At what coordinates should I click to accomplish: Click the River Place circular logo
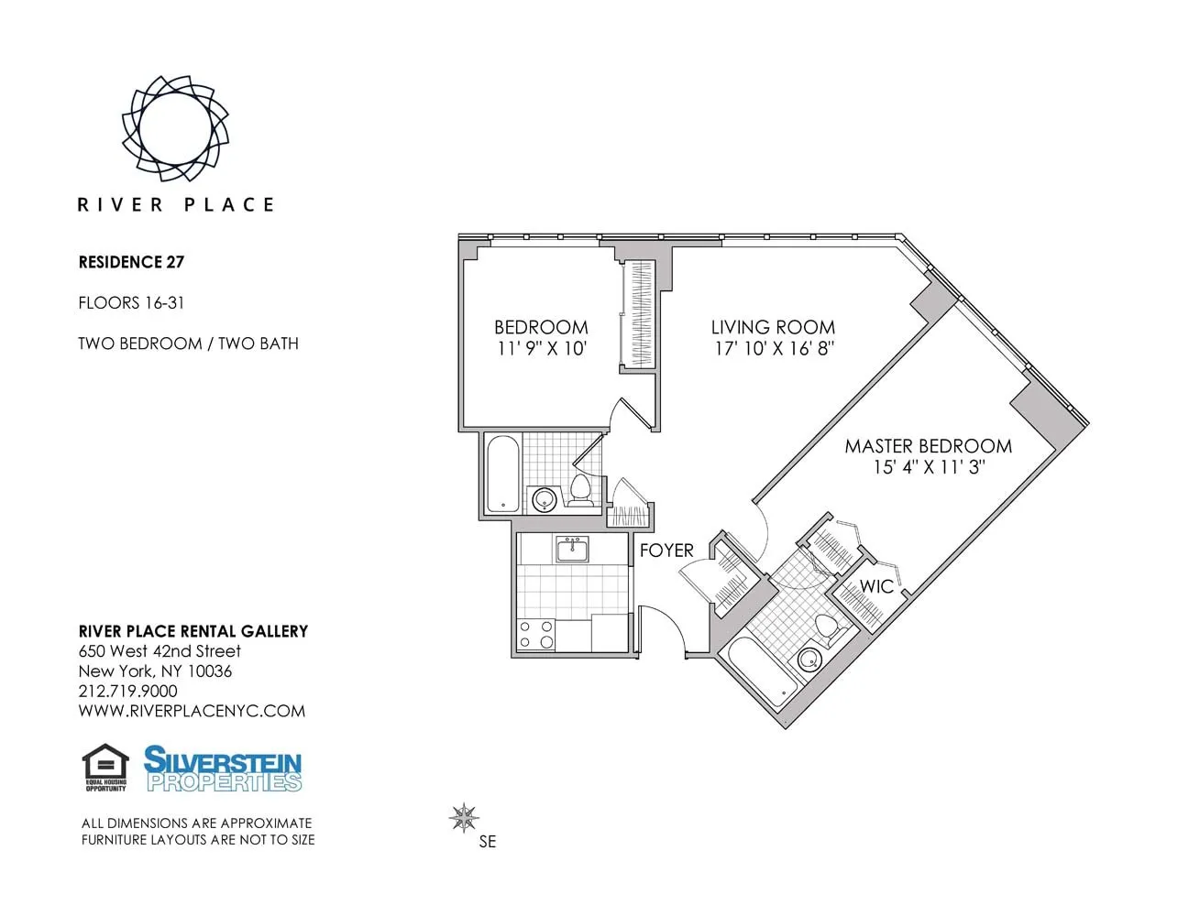click(x=175, y=128)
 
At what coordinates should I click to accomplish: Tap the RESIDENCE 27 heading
click(x=131, y=262)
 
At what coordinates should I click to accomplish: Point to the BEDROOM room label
click(x=541, y=327)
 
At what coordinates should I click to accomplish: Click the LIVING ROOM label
click(x=773, y=327)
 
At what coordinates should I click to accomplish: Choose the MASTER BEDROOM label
click(x=928, y=446)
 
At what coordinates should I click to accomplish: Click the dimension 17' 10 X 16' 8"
click(x=774, y=349)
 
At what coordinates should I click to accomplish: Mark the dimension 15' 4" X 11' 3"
click(x=928, y=467)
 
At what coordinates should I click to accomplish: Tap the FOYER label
click(x=666, y=551)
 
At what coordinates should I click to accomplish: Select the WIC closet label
click(x=875, y=586)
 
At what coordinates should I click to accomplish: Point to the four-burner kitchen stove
click(x=536, y=634)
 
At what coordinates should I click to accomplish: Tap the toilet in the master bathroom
click(x=827, y=629)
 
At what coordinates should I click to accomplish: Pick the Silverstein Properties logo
click(x=223, y=769)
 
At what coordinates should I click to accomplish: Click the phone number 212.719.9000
click(x=128, y=692)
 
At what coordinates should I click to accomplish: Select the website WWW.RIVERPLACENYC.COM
click(x=192, y=712)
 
